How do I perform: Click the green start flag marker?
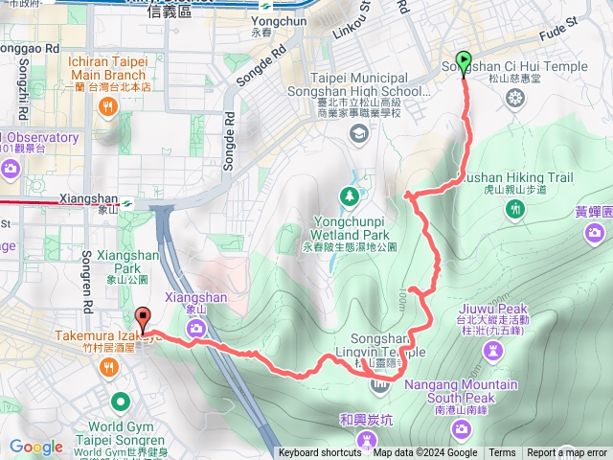[x=465, y=62]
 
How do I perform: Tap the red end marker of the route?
[x=144, y=317]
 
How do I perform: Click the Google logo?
[x=36, y=447]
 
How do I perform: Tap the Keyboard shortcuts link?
[x=320, y=453]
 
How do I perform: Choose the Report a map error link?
[x=567, y=453]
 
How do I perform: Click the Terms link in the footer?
[x=502, y=453]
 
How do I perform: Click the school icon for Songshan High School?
[x=358, y=132]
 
